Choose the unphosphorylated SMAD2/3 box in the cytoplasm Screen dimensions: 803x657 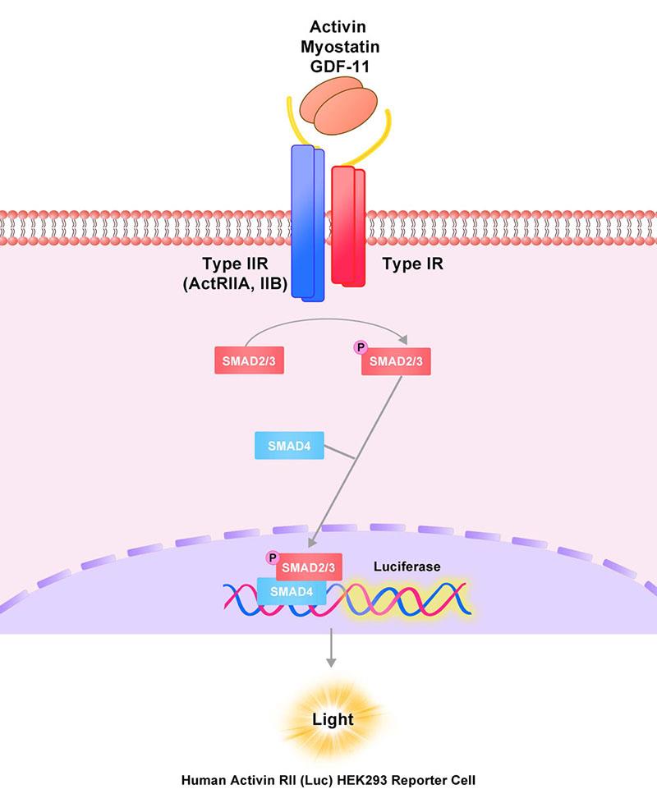click(x=250, y=360)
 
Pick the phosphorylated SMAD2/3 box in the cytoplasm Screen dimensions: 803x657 click(x=397, y=360)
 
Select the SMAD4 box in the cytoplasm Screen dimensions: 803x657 click(x=290, y=447)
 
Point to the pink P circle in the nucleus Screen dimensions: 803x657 click(x=273, y=558)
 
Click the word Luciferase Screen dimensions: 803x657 click(x=407, y=567)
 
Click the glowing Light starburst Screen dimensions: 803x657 click(x=332, y=719)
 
